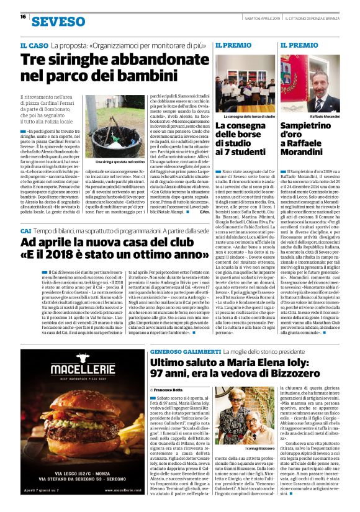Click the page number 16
coord(23,17)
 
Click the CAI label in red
coord(26,231)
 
